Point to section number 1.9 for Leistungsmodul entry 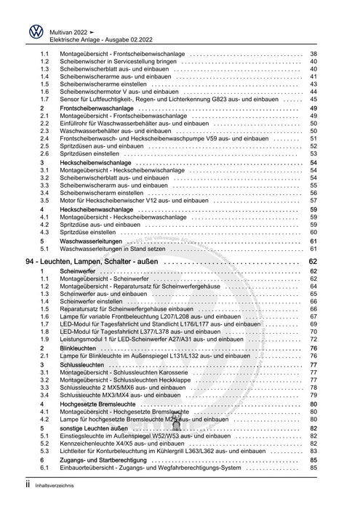[44, 339]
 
